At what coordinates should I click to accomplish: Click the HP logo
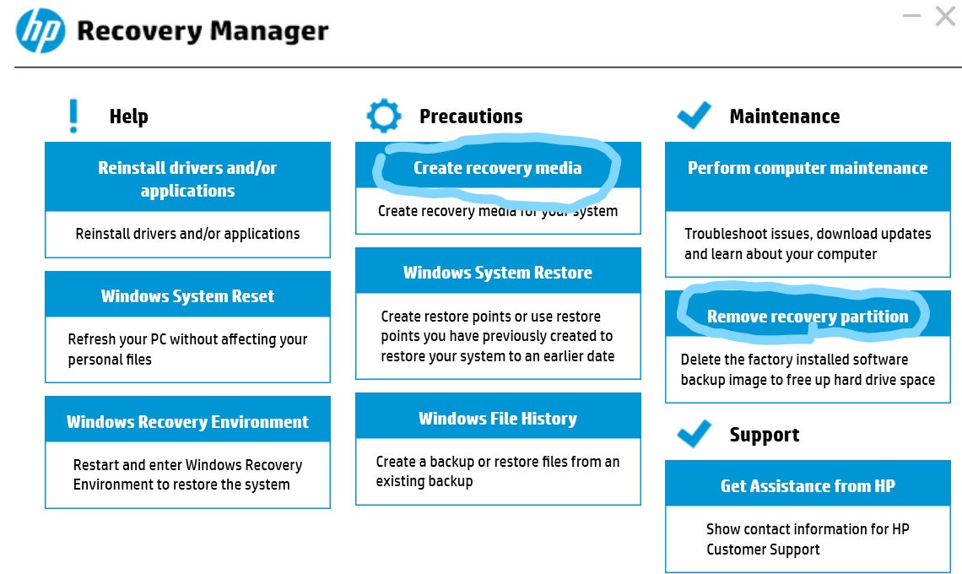click(41, 31)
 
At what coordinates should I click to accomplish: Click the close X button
click(945, 16)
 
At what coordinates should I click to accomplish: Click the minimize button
click(911, 16)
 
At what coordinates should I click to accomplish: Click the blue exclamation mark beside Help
click(74, 116)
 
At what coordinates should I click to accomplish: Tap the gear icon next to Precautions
click(384, 116)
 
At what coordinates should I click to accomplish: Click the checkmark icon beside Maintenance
click(694, 116)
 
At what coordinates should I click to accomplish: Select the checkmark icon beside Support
click(694, 434)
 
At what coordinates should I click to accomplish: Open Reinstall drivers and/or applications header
click(187, 179)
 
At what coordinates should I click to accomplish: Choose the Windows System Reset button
click(187, 296)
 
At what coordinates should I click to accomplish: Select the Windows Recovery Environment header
click(187, 422)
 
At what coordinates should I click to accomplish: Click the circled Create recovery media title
click(497, 168)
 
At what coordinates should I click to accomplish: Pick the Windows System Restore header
click(497, 273)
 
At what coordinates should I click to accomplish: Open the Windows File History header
click(497, 419)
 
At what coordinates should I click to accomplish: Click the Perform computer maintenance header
click(807, 168)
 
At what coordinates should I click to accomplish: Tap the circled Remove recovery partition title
click(807, 317)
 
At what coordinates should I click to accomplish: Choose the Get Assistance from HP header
click(807, 486)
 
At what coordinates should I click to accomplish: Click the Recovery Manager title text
click(203, 31)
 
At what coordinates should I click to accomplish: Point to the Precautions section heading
click(471, 116)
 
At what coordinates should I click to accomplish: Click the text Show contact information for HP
click(807, 529)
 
